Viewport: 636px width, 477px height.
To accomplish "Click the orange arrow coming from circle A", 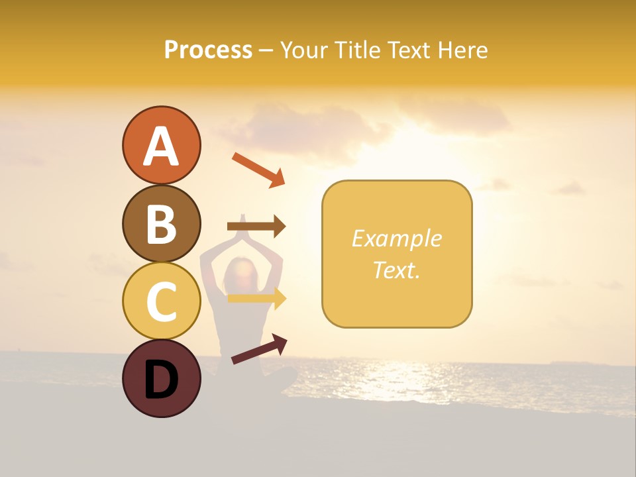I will (x=258, y=169).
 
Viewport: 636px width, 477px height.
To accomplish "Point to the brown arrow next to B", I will (x=257, y=227).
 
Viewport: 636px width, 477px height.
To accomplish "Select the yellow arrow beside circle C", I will (x=257, y=298).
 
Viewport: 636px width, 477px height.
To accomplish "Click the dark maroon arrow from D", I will (x=259, y=350).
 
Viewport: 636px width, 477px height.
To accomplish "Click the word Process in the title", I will (x=208, y=50).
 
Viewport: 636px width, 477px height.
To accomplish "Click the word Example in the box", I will (x=396, y=238).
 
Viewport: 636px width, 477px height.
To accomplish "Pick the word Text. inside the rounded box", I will (x=396, y=270).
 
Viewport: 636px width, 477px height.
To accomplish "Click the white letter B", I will (x=162, y=224).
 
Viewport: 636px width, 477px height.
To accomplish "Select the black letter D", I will (x=162, y=380).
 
